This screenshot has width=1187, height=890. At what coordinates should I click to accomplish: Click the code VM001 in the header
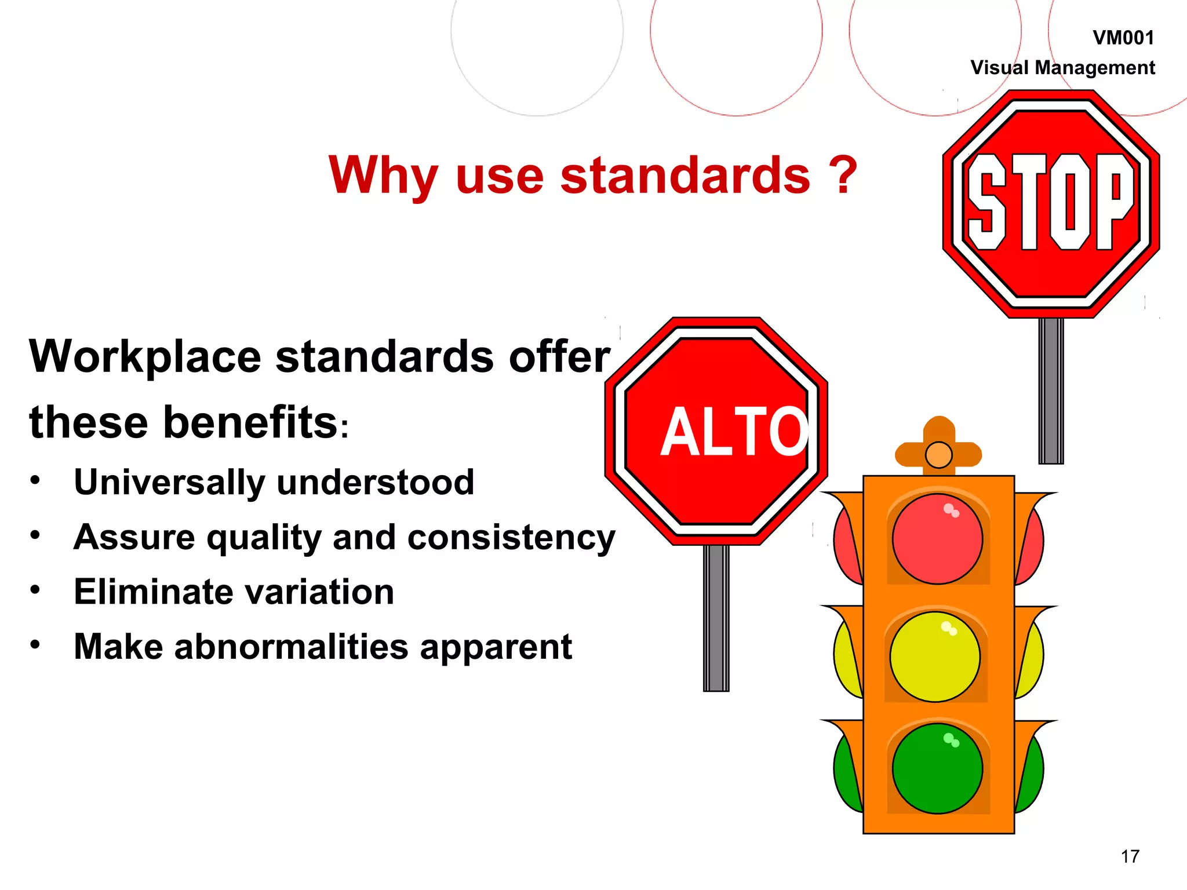click(x=1123, y=38)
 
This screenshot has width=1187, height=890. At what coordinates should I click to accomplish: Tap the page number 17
click(x=1130, y=856)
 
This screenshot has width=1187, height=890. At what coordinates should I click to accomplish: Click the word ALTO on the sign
click(x=734, y=431)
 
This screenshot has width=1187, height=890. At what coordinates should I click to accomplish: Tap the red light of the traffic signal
click(x=937, y=539)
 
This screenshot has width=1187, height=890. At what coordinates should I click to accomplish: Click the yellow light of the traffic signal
click(x=935, y=656)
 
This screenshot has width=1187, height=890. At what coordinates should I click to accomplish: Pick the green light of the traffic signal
click(x=937, y=768)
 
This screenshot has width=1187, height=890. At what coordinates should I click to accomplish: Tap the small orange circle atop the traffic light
click(x=939, y=455)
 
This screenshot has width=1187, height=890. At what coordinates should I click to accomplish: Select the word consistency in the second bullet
click(x=511, y=538)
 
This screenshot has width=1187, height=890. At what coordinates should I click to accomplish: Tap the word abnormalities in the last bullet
click(x=292, y=647)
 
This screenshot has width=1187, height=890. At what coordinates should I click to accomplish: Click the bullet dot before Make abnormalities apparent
click(x=36, y=644)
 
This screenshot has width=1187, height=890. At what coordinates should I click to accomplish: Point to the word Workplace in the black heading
click(x=145, y=357)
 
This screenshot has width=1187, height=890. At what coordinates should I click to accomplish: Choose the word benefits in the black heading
click(x=251, y=422)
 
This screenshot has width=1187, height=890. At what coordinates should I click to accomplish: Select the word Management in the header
click(x=1094, y=68)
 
